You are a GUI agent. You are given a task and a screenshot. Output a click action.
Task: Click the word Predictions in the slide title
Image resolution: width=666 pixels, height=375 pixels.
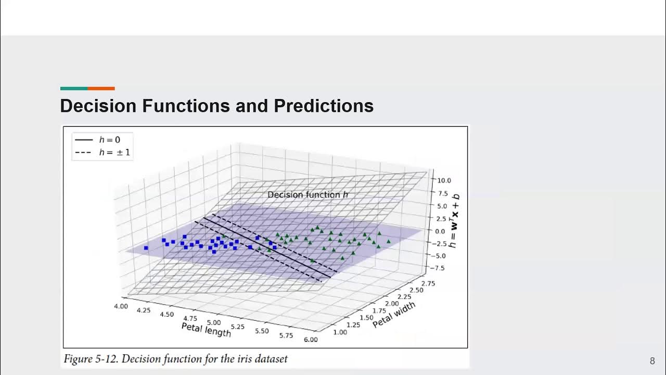click(x=324, y=106)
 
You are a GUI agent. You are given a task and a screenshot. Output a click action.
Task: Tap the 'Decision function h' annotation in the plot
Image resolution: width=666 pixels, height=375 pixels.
click(x=308, y=195)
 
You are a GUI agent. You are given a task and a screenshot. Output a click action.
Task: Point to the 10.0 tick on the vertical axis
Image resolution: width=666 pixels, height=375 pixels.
click(x=443, y=181)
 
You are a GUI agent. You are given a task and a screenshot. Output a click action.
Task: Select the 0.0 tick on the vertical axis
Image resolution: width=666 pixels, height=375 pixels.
click(x=440, y=231)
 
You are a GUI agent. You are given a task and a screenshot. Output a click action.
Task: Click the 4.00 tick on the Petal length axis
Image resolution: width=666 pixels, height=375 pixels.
click(x=121, y=306)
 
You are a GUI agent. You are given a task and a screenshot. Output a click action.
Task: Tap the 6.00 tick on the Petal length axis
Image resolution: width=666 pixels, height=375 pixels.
click(x=311, y=340)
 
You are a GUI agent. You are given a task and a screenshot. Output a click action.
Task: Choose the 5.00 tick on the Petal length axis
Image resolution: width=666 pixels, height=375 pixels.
click(x=213, y=322)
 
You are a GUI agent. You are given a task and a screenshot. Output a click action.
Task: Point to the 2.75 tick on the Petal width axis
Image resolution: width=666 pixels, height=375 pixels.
click(x=428, y=283)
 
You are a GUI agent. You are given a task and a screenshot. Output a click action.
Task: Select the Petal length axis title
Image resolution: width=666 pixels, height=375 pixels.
click(x=206, y=329)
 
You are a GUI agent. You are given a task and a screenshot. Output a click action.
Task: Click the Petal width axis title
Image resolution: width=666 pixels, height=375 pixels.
click(x=394, y=315)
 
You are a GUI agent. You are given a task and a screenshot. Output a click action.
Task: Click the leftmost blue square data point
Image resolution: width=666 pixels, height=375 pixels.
click(x=146, y=248)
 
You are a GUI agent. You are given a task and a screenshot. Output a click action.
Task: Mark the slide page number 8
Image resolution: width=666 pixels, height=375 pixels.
click(x=652, y=361)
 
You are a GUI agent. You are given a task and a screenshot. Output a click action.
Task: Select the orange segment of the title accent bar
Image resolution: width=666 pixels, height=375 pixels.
click(x=101, y=89)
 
